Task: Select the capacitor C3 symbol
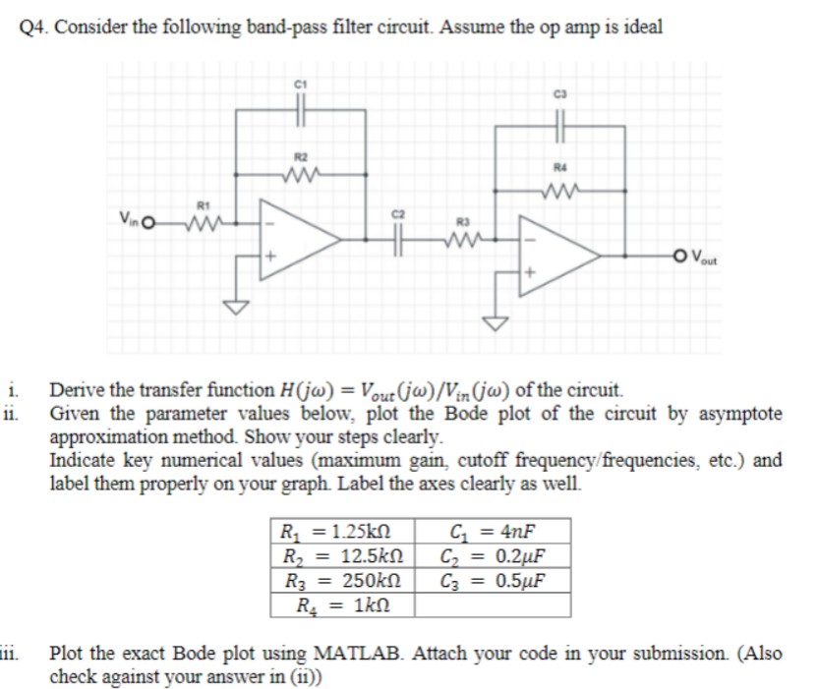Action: pos(559,127)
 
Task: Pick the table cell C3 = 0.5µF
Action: pos(492,578)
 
